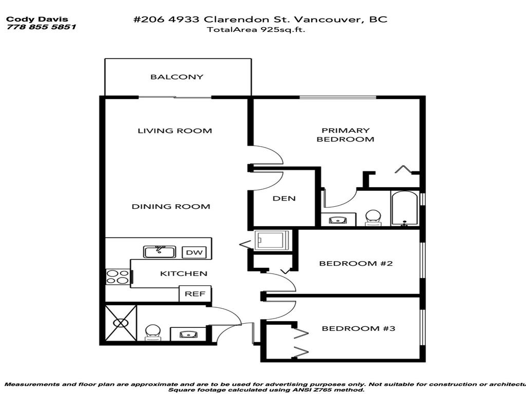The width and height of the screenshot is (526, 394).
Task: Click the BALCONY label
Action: [177, 77]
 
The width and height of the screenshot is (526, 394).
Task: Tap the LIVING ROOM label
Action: [175, 131]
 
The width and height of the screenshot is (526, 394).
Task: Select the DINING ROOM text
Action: [171, 207]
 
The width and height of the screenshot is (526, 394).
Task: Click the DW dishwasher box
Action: [193, 252]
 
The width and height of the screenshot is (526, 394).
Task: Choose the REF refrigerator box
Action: [195, 294]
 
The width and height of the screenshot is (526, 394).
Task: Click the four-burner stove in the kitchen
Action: [118, 277]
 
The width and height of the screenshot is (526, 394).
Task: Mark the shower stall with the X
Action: [121, 323]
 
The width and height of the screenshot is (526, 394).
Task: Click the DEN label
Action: [284, 199]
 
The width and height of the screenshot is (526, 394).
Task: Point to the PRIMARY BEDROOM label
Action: [345, 135]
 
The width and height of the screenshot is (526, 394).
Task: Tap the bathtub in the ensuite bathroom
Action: [405, 209]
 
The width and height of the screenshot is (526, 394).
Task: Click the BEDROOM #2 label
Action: [356, 264]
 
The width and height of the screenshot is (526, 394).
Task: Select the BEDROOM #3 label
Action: [358, 328]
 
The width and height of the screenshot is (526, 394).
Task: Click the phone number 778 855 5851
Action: [41, 27]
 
